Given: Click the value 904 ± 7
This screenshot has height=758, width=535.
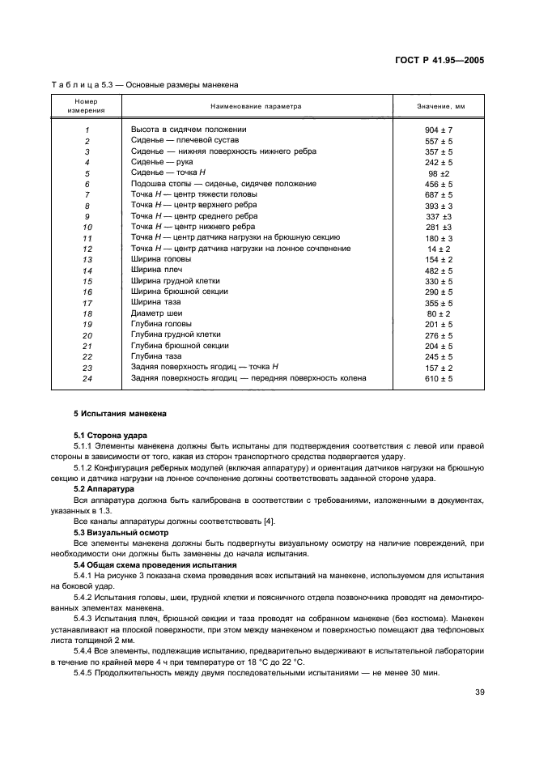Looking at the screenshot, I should [439, 130].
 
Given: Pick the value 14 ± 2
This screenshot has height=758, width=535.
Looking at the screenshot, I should [439, 249].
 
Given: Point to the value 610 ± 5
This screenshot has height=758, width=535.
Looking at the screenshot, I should [439, 378].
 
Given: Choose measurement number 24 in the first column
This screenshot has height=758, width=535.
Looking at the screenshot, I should [87, 379].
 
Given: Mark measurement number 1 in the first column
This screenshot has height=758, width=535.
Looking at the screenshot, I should [87, 131].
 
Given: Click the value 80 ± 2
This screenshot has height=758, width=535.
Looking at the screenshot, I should [439, 313].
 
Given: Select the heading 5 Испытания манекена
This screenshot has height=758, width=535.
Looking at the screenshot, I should [120, 415].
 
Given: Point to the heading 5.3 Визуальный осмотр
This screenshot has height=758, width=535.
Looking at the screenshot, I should [121, 532].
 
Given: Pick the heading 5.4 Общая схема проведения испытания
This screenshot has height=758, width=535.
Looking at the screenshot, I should [155, 564].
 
